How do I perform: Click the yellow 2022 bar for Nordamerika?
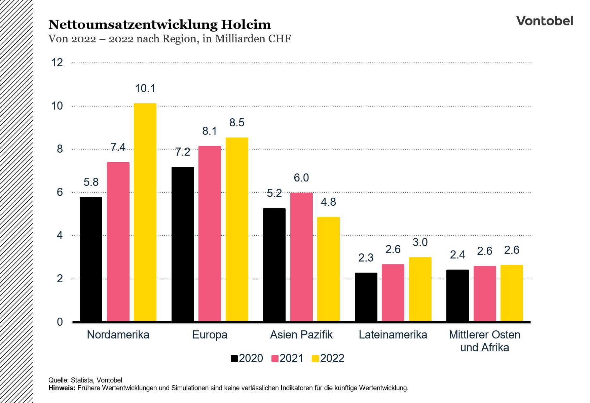(x=145, y=212)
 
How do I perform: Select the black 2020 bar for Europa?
(x=183, y=244)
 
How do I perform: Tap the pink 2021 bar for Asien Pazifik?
(x=301, y=257)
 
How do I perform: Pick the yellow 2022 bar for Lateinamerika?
(x=420, y=289)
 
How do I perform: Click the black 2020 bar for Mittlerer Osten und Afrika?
(x=457, y=295)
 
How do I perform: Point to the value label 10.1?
(x=145, y=88)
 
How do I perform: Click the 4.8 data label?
(x=328, y=202)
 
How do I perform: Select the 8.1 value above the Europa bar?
(x=210, y=131)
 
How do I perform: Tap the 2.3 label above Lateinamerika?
(x=366, y=258)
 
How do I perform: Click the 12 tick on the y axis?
(x=57, y=63)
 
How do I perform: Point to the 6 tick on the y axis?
(x=60, y=192)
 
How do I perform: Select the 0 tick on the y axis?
(x=60, y=322)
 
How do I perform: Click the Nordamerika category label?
(x=118, y=335)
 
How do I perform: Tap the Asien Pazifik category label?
(x=301, y=335)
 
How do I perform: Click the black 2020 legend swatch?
(x=234, y=359)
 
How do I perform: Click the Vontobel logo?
(x=544, y=21)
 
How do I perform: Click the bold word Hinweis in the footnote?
(x=62, y=388)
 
